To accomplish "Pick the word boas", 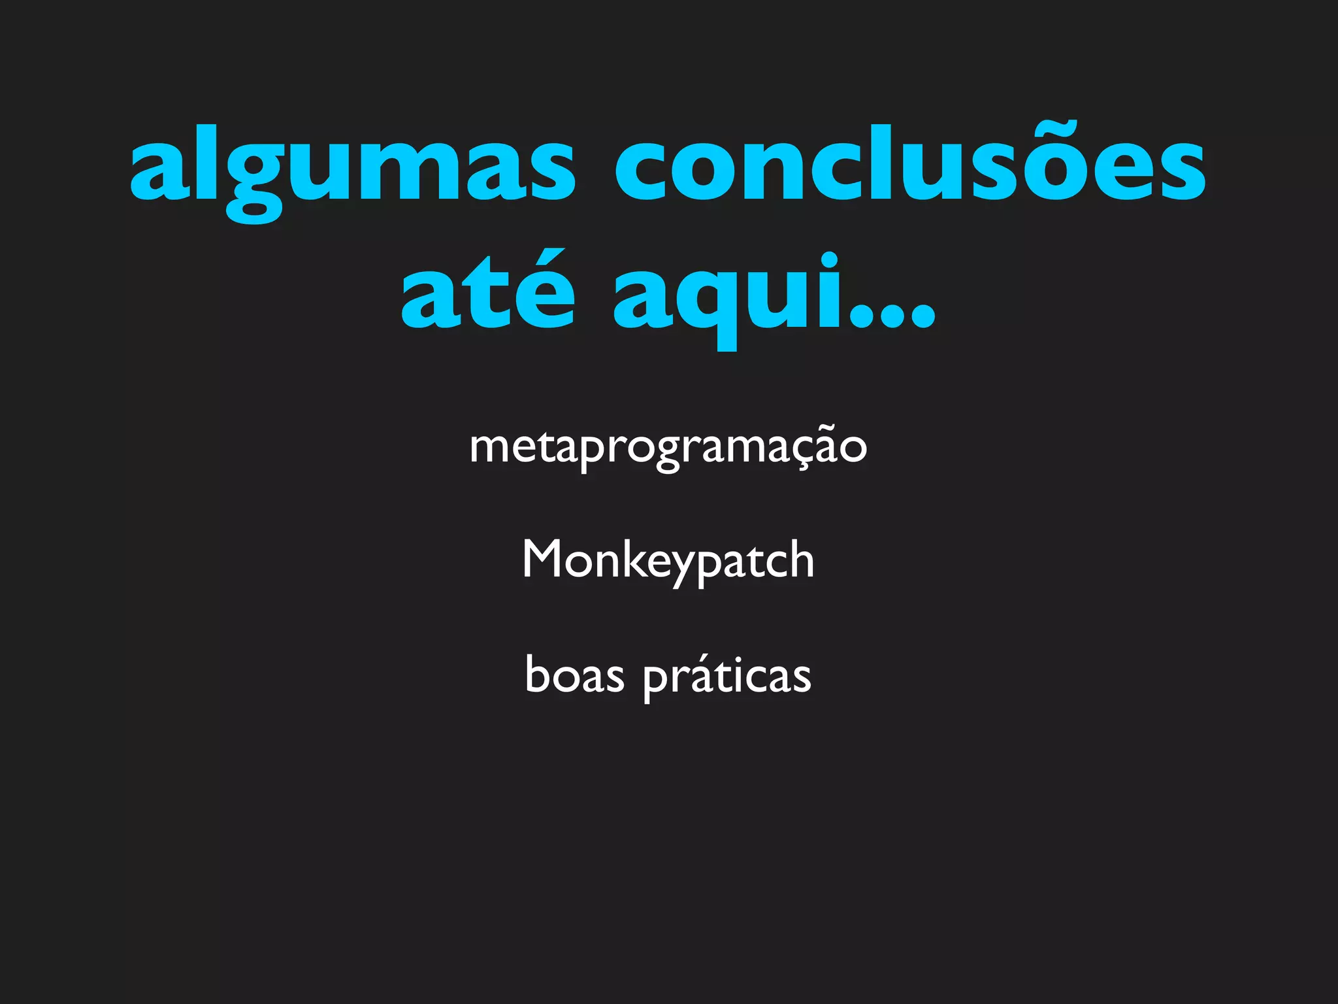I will coord(574,675).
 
